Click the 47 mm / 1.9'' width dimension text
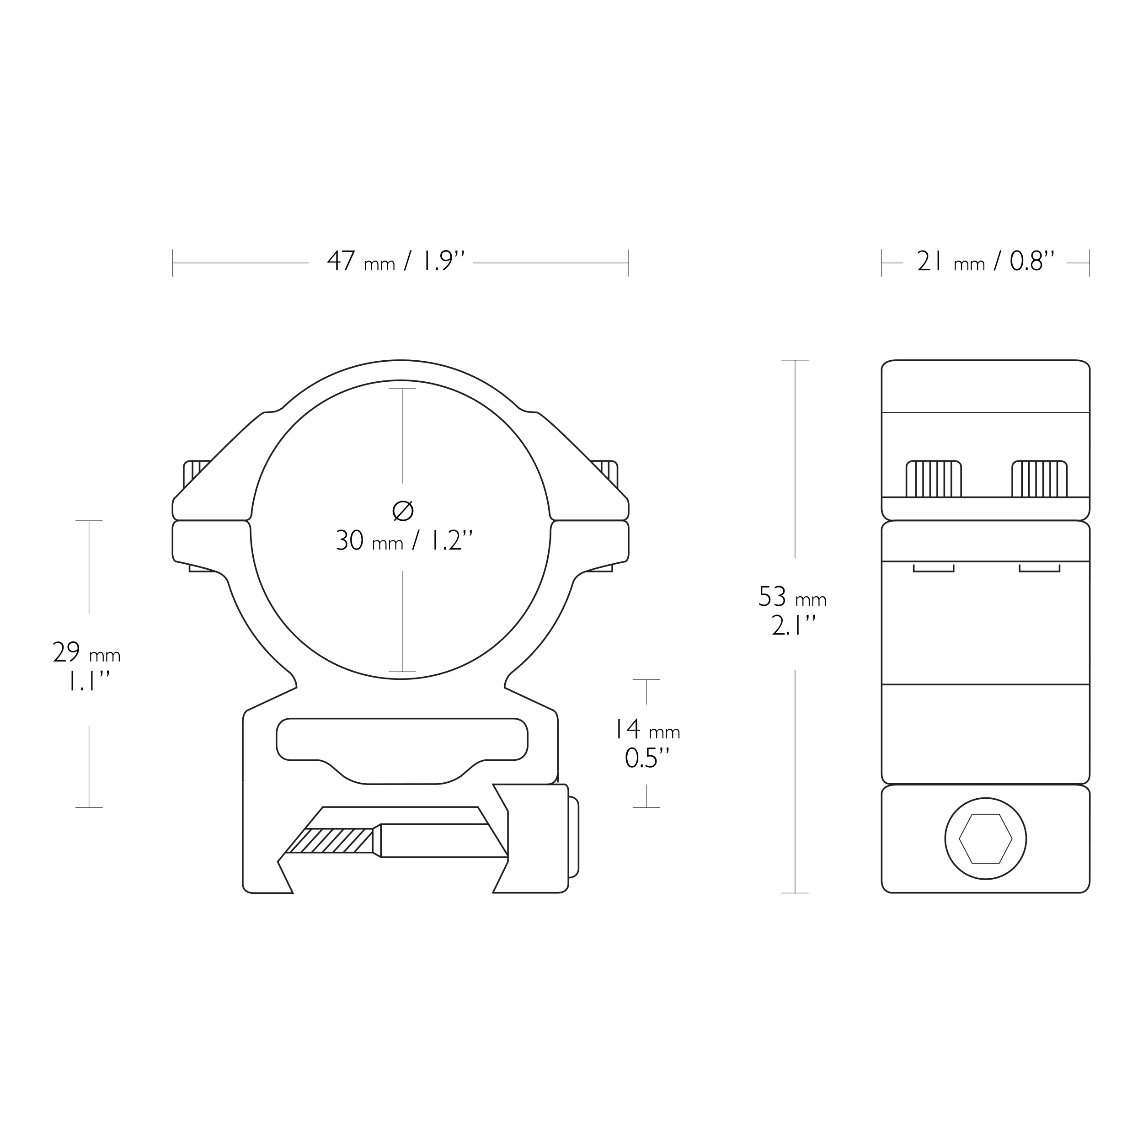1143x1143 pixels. [x=396, y=261]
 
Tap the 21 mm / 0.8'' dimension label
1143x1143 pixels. [x=986, y=261]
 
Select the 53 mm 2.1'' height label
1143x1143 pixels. [x=793, y=612]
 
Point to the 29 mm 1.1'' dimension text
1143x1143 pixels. [x=87, y=667]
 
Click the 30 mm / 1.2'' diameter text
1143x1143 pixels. [x=405, y=540]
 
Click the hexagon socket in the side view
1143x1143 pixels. [x=986, y=839]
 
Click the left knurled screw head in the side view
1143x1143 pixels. [x=934, y=479]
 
